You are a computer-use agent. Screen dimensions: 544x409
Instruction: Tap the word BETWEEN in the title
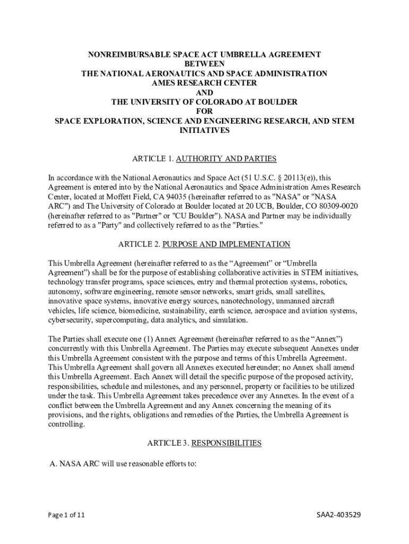[x=204, y=64]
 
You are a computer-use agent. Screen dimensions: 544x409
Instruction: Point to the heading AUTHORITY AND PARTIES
[x=226, y=159]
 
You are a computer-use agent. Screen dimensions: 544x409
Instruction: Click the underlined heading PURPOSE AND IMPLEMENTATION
[x=226, y=244]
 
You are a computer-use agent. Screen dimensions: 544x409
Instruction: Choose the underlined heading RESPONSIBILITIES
[x=226, y=443]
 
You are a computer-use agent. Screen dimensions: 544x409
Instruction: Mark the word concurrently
[x=71, y=348]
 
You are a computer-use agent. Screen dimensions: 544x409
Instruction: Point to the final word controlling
[x=66, y=425]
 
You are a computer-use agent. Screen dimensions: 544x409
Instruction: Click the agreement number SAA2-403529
[x=339, y=515]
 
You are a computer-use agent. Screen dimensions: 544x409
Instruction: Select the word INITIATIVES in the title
[x=204, y=131]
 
